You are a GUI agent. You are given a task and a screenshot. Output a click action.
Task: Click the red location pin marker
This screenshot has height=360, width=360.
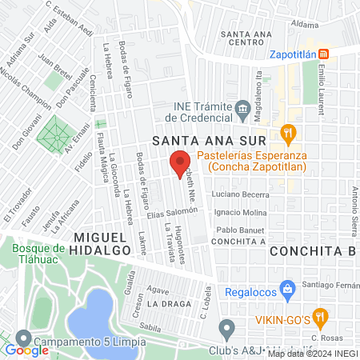pos(180,163)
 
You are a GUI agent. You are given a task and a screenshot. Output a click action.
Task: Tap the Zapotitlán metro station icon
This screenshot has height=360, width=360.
pos(324,54)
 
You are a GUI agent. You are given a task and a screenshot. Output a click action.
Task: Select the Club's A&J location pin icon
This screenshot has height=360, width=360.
pos(227,326)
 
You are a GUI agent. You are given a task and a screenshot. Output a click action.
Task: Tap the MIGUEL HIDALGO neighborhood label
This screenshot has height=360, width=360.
pos(102,244)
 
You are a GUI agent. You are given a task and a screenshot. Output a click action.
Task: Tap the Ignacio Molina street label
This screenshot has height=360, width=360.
pos(241,212)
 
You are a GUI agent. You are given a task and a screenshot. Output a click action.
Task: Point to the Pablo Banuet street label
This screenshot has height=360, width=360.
pos(241,230)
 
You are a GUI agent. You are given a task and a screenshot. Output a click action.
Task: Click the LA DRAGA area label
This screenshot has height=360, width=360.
pos(169,305)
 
